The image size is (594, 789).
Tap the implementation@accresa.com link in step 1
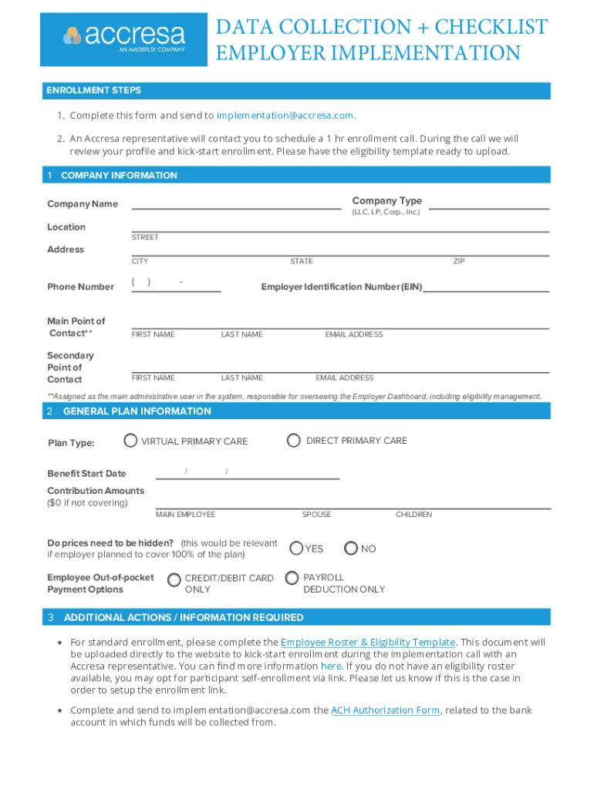click(285, 116)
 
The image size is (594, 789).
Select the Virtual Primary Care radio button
click(130, 441)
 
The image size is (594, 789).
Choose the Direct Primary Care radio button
click(293, 440)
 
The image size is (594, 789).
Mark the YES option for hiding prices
click(296, 548)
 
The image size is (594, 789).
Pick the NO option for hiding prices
click(351, 548)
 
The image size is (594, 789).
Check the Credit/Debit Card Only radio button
click(174, 579)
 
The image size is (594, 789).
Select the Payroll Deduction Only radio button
click(292, 577)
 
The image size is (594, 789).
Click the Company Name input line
click(236, 203)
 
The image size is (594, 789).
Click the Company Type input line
click(489, 203)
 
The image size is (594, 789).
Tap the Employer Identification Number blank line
click(486, 287)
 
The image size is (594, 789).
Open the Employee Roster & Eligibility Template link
click(369, 642)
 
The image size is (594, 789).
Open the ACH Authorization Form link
click(386, 710)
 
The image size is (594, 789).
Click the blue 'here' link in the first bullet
click(331, 666)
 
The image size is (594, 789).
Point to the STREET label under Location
click(145, 237)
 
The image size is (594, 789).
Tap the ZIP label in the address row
click(459, 261)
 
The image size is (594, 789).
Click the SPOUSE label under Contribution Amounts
click(316, 514)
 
